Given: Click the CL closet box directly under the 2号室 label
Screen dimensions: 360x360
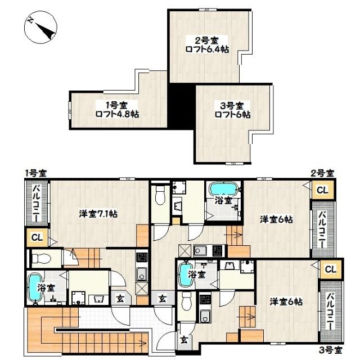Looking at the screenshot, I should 322,191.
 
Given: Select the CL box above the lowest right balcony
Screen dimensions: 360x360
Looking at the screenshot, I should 330,269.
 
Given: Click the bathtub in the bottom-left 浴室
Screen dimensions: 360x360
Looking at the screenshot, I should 35,287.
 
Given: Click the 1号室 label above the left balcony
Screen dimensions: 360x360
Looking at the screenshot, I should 35,173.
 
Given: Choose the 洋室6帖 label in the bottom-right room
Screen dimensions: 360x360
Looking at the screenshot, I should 286,301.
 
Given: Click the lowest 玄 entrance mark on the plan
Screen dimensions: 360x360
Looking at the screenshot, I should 184,340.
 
